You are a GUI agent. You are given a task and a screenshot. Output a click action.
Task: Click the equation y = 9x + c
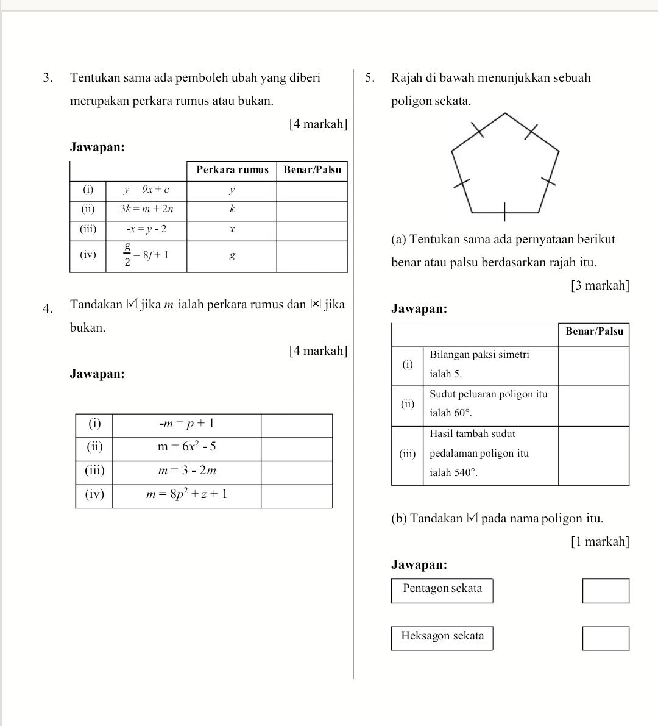click(x=146, y=190)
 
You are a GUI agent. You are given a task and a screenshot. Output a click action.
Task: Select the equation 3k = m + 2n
click(x=146, y=209)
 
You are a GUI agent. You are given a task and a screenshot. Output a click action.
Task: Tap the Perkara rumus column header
click(x=232, y=170)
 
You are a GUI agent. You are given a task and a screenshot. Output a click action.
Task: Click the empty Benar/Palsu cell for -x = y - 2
click(x=312, y=230)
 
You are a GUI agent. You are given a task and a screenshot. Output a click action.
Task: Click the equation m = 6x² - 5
click(x=187, y=447)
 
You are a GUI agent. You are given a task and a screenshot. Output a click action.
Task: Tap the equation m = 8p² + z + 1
click(x=187, y=494)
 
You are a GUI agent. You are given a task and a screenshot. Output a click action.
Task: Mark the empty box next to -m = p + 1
click(x=297, y=424)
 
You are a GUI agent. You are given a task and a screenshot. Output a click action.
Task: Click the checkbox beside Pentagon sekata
click(x=606, y=591)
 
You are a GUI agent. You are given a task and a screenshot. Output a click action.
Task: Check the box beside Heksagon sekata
click(x=606, y=638)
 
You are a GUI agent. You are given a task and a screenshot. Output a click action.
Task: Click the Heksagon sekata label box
click(x=442, y=637)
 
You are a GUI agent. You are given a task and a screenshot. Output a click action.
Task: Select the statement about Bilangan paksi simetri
click(x=479, y=364)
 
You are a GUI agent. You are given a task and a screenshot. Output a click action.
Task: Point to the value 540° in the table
click(x=461, y=473)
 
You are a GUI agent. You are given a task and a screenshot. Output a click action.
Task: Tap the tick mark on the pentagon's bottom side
click(x=505, y=213)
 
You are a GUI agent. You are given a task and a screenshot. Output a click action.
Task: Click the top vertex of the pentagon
click(x=505, y=113)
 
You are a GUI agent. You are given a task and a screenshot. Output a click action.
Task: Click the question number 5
click(x=369, y=78)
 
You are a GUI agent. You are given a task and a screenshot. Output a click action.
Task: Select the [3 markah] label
click(x=600, y=286)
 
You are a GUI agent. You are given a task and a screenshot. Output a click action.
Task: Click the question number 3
click(x=48, y=78)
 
